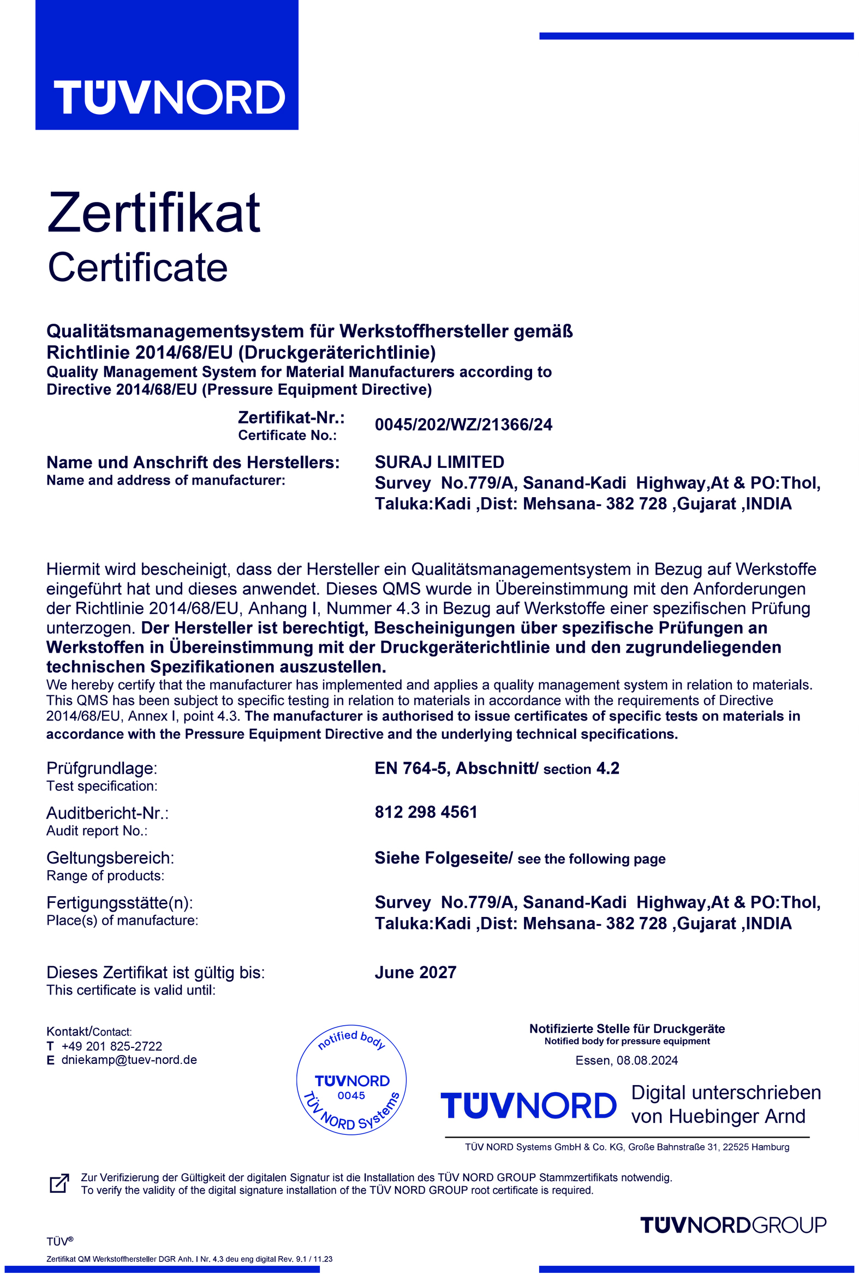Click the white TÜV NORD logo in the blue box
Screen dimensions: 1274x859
pyautogui.click(x=169, y=98)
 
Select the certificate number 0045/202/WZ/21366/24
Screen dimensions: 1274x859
pyautogui.click(x=463, y=425)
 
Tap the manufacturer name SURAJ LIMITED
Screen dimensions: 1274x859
pyautogui.click(x=439, y=462)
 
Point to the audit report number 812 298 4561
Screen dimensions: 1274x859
pyautogui.click(x=426, y=812)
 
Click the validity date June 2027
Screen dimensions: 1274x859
pyautogui.click(x=415, y=972)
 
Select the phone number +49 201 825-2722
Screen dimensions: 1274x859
pyautogui.click(x=112, y=1046)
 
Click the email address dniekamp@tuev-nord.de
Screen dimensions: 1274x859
pyautogui.click(x=129, y=1059)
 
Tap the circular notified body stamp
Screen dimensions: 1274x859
pyautogui.click(x=351, y=1080)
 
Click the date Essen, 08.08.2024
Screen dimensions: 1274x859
pyautogui.click(x=626, y=1060)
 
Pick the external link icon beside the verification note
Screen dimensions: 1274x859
pyautogui.click(x=59, y=1183)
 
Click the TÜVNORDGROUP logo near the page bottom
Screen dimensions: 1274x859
pyautogui.click(x=732, y=1225)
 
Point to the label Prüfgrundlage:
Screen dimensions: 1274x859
pyautogui.click(x=102, y=768)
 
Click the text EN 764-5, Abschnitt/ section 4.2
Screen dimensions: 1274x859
pyautogui.click(x=496, y=768)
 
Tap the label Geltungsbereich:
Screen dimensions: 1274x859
pyautogui.click(x=110, y=858)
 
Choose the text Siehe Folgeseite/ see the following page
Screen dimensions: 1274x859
pyautogui.click(x=520, y=858)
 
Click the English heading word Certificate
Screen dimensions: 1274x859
pyautogui.click(x=138, y=267)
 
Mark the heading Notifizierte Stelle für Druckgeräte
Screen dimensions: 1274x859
pyautogui.click(x=627, y=1028)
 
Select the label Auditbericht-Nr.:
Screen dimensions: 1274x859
pyautogui.click(x=108, y=813)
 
